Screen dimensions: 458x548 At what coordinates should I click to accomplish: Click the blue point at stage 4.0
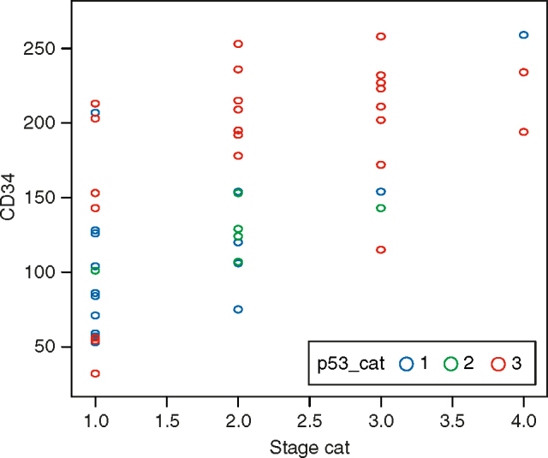[x=523, y=35]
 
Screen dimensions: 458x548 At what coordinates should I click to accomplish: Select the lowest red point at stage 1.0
[x=95, y=373]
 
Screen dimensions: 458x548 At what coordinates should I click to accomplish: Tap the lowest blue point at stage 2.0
[x=238, y=309]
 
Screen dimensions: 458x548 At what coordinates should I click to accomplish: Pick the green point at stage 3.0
[x=381, y=208]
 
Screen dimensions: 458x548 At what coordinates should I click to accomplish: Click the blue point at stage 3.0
[x=381, y=192]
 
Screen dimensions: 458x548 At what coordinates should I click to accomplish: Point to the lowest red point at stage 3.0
[x=381, y=250]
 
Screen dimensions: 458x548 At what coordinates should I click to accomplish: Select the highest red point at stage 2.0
[x=238, y=44]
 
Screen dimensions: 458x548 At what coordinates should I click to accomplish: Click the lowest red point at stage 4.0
[x=523, y=132]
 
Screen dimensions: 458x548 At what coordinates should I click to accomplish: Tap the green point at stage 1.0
[x=95, y=271]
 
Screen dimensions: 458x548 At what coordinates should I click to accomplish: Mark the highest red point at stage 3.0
[x=381, y=37]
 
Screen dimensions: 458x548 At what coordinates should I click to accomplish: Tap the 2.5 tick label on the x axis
[x=309, y=421]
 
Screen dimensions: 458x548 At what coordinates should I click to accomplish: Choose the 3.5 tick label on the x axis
[x=452, y=421]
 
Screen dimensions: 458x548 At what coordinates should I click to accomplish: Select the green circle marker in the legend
[x=451, y=364]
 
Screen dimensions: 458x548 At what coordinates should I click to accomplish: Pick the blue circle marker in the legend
[x=407, y=364]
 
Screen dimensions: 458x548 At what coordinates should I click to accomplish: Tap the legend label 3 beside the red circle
[x=515, y=364]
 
